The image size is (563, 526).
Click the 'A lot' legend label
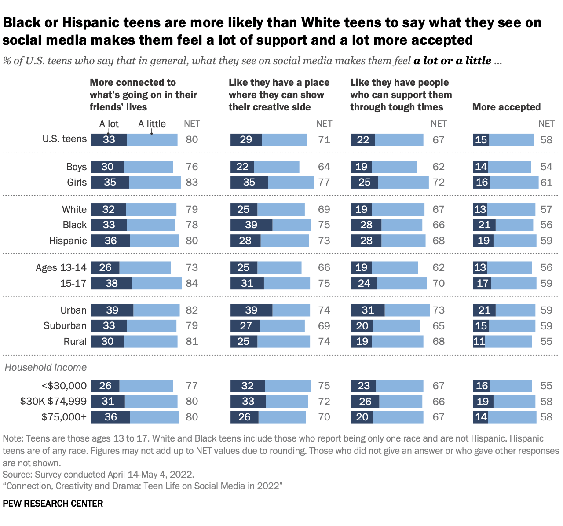[x=109, y=124]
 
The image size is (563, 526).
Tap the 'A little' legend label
[x=152, y=124]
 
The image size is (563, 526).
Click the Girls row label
[x=77, y=183]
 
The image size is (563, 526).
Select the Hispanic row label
[x=68, y=241]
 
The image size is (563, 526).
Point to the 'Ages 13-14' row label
[x=61, y=268]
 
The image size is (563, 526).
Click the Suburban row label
[x=65, y=326]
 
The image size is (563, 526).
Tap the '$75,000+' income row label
[x=64, y=417]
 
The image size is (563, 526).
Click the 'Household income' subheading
[x=46, y=367]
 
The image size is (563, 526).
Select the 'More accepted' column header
[x=506, y=107]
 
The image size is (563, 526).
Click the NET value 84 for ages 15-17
[x=192, y=283]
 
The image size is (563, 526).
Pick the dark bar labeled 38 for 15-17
[x=112, y=283]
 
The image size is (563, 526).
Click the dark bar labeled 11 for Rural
[x=479, y=342]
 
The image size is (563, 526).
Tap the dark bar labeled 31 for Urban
[x=368, y=310]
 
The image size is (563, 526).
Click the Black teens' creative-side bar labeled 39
[x=251, y=225]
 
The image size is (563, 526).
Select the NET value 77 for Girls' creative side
[x=324, y=183]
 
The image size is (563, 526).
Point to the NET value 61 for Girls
[x=546, y=183]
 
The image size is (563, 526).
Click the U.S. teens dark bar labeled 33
[x=109, y=140]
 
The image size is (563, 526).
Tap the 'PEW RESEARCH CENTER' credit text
[x=53, y=504]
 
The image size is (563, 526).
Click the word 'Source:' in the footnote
[x=17, y=475]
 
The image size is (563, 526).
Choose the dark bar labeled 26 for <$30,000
[x=106, y=386]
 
